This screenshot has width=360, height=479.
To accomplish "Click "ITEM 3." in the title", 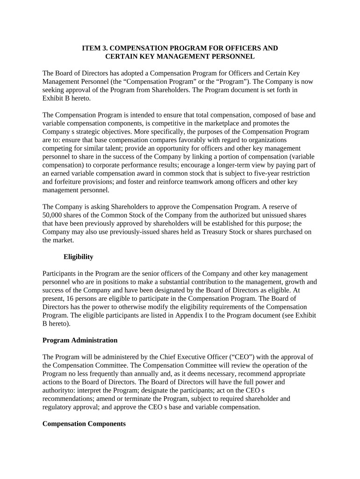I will [x=94, y=48].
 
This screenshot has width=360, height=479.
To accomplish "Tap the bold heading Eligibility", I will [x=78, y=257].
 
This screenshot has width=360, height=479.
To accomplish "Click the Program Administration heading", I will [x=80, y=340].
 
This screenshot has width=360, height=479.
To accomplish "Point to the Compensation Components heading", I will [x=84, y=424].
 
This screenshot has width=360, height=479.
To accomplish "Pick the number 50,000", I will [x=53, y=215].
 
